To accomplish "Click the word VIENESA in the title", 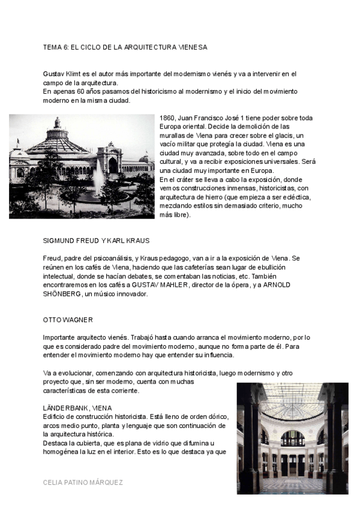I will coord(191,47).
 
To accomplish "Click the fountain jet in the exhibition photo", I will coord(98,174).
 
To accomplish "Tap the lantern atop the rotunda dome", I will coord(57,124).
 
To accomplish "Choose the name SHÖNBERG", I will coord(62,294).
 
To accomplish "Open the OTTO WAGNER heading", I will coord(68,320).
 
